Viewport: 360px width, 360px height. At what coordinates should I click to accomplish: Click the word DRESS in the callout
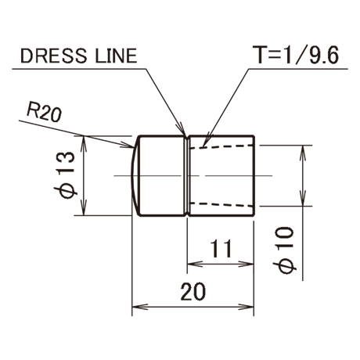pos(53,56)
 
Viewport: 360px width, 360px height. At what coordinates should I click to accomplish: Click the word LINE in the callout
pos(116,56)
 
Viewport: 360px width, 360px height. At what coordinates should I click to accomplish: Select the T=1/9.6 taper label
pos(297,55)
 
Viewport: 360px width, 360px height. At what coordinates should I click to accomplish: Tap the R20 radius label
pos(45,114)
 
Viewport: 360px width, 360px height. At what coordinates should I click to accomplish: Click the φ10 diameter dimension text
pos(285,250)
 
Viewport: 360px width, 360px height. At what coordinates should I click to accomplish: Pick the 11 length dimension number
pos(221,248)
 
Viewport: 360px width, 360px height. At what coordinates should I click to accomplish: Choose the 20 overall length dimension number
pos(193,291)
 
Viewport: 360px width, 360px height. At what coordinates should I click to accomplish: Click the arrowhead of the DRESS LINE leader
pos(182,130)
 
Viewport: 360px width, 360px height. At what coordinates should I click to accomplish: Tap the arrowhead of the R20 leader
pos(128,146)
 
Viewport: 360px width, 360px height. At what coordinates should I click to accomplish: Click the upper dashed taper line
pos(221,147)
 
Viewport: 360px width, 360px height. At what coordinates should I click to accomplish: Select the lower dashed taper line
pos(221,204)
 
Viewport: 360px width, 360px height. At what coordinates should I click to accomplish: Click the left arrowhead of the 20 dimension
pos(140,307)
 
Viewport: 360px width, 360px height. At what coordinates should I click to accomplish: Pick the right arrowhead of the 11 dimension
pos(246,264)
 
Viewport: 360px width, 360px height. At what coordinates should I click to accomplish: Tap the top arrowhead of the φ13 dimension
pos(83,143)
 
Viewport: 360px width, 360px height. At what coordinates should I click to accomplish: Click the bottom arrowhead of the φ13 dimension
pos(83,207)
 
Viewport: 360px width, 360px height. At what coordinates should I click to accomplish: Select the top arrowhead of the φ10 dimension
pos(303,153)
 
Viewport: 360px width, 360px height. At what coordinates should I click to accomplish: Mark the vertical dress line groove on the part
pos(187,176)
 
